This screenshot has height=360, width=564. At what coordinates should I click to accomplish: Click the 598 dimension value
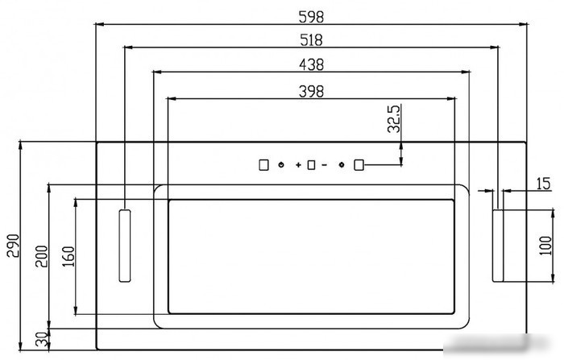pyautogui.click(x=311, y=17)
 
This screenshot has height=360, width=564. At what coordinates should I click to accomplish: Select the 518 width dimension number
pyautogui.click(x=312, y=40)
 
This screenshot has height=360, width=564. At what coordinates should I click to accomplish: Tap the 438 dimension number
pyautogui.click(x=312, y=64)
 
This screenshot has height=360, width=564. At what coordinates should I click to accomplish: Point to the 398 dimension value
pyautogui.click(x=312, y=91)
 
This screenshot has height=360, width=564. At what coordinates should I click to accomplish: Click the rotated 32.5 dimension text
pyautogui.click(x=394, y=118)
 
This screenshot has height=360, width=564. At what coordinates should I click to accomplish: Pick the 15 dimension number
pyautogui.click(x=544, y=184)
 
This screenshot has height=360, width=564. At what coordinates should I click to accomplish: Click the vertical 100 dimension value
pyautogui.click(x=546, y=246)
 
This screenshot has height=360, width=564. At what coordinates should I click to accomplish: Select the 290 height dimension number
pyautogui.click(x=14, y=246)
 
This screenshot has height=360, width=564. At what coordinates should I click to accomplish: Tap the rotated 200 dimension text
pyautogui.click(x=41, y=256)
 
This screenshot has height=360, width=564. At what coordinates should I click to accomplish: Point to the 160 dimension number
pyautogui.click(x=68, y=256)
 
